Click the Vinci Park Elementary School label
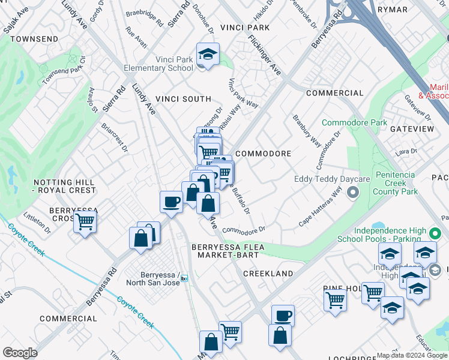158,64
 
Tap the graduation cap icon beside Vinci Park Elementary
208,55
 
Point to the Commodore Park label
354,122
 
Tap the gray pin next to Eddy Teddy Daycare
353,193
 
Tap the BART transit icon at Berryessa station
184,278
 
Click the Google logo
20,353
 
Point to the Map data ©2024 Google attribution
412,355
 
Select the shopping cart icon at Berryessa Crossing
85,222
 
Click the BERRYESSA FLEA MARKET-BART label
224,251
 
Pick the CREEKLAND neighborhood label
268,274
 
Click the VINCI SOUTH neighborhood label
183,99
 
